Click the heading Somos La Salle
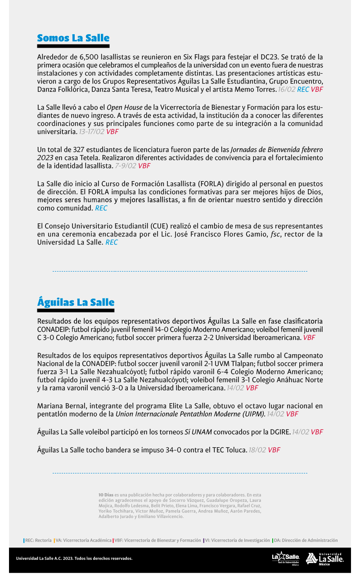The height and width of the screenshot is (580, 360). (x=73, y=38)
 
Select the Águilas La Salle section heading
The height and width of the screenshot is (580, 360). (x=76, y=302)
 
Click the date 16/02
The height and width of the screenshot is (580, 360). (x=287, y=89)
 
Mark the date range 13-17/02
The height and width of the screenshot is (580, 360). (x=91, y=132)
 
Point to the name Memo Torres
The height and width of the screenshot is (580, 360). (x=257, y=89)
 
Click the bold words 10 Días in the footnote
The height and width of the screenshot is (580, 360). (x=106, y=495)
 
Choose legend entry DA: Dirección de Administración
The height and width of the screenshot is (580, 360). (x=305, y=540)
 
